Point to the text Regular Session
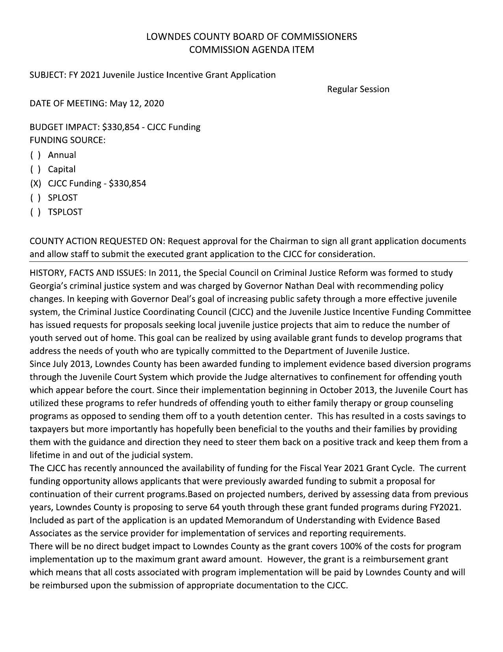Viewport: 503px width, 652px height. (x=358, y=89)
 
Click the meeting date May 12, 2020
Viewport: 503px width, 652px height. (x=137, y=103)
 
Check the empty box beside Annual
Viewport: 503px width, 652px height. (x=35, y=155)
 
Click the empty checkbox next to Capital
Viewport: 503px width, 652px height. (x=35, y=169)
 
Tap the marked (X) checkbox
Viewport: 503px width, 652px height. (x=35, y=184)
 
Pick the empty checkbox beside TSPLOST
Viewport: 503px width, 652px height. (x=35, y=212)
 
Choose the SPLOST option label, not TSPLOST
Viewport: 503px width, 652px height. (x=63, y=198)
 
